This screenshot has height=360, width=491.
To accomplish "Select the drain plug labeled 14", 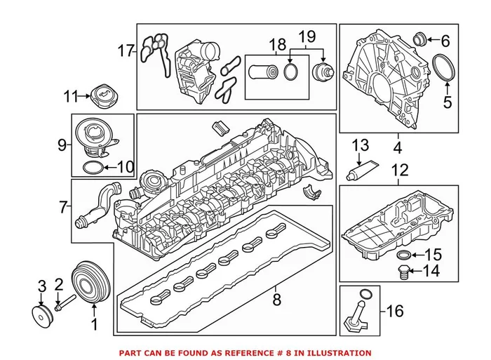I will [x=404, y=271].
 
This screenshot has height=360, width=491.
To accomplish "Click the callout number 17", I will [x=126, y=51].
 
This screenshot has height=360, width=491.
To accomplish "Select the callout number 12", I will [x=399, y=170].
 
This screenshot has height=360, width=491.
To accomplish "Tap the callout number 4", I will [x=398, y=149].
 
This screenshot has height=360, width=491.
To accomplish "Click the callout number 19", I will [x=309, y=35].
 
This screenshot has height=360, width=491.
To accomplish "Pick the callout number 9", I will [x=62, y=145].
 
